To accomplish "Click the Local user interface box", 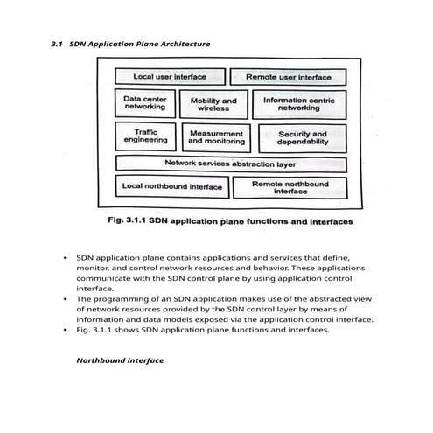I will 164,77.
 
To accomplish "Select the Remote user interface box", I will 288,77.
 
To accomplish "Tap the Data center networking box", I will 144,104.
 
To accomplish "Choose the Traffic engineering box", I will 145,136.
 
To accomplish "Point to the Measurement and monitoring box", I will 216,137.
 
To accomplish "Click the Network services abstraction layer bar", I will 231,164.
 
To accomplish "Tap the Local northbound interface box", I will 172,186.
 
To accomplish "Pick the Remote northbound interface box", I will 290,187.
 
